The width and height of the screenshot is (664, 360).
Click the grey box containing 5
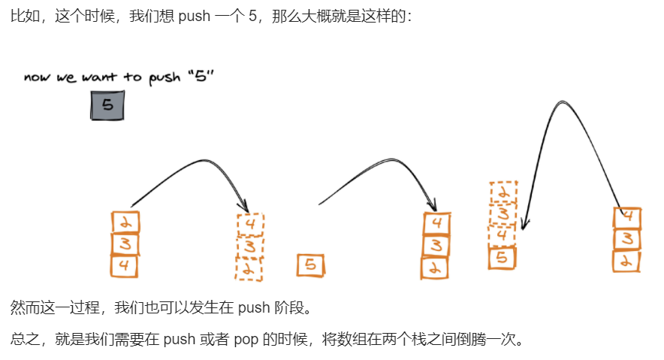[107, 105]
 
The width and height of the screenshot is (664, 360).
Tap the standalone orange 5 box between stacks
[311, 265]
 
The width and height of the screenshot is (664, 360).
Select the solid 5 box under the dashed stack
[503, 259]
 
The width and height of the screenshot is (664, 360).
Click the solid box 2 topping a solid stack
[125, 222]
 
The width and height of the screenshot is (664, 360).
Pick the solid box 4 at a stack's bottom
[125, 265]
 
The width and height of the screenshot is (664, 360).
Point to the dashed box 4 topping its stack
[251, 224]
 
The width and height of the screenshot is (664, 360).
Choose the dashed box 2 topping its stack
[504, 193]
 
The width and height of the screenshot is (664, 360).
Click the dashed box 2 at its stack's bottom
[249, 268]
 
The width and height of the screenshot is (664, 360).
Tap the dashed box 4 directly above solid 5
[503, 236]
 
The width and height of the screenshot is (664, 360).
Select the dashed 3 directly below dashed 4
[250, 246]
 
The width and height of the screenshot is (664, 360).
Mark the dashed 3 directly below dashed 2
[503, 215]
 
